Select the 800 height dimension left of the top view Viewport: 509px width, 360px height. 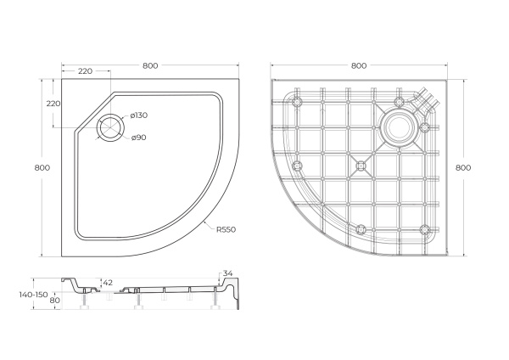tap(42, 167)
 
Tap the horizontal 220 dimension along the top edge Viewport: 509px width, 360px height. tap(85, 71)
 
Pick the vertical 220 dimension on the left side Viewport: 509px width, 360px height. tap(53, 103)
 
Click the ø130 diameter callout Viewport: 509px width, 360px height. tap(139, 115)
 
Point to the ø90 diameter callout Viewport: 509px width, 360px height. tap(139, 138)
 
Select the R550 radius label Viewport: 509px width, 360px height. tap(225, 228)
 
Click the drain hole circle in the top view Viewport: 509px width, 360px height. tap(110, 127)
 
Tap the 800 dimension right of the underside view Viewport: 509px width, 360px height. tap(462, 167)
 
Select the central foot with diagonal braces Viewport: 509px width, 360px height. tap(361, 165)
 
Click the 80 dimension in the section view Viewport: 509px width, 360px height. tap(55, 300)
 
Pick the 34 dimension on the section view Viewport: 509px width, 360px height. tap(227, 273)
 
